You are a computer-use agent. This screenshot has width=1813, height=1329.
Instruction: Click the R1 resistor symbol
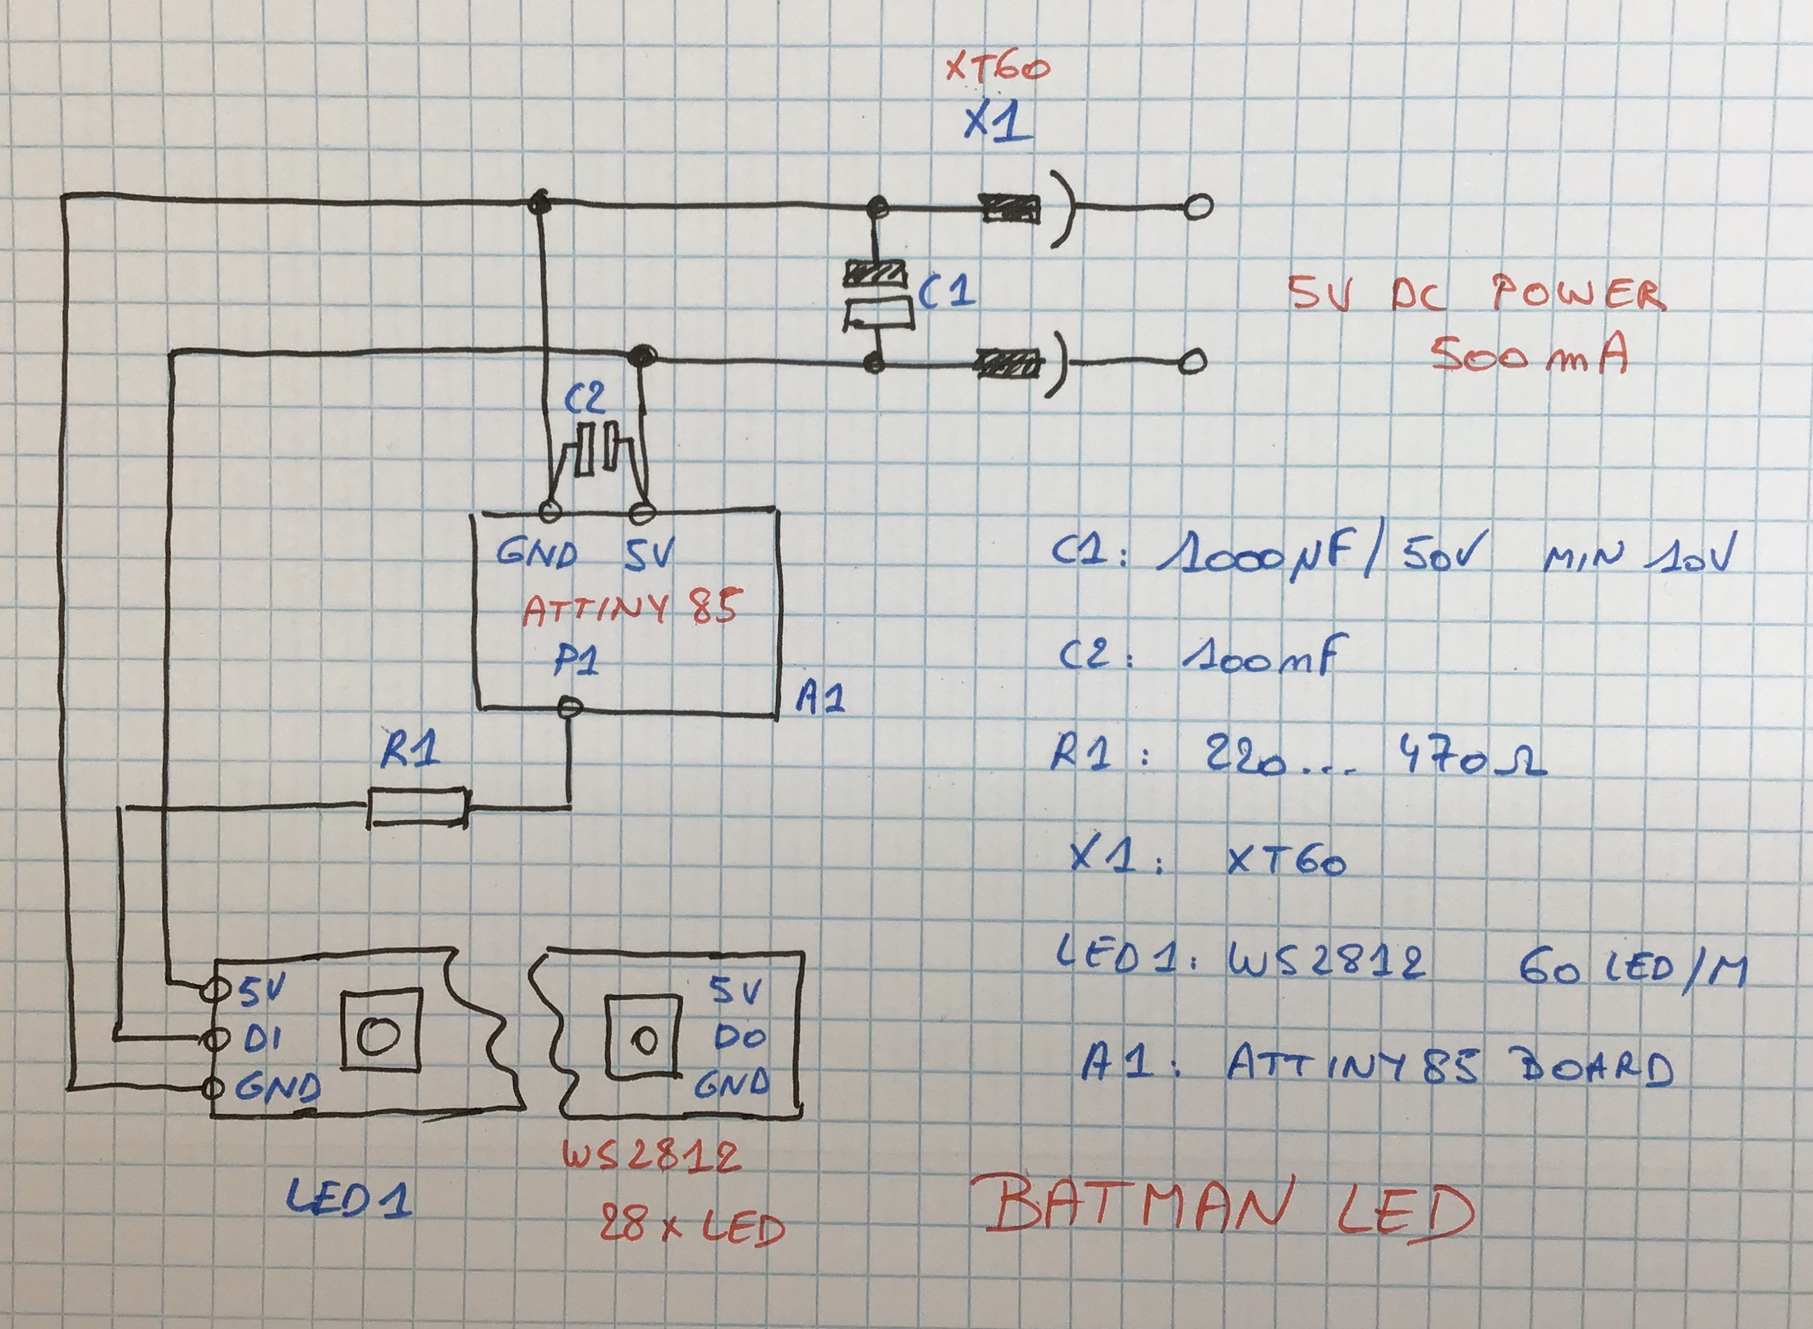coord(418,807)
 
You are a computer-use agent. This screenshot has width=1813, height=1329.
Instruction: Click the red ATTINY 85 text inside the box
coord(630,609)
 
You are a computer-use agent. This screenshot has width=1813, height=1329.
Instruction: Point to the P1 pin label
coord(576,662)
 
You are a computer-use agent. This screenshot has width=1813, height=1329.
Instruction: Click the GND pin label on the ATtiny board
coord(537,554)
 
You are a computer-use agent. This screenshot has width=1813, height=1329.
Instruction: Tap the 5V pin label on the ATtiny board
coord(649,554)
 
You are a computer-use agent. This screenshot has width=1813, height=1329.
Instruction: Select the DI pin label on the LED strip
coord(262,1039)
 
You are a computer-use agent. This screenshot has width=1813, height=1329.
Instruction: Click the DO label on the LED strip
coord(739,1038)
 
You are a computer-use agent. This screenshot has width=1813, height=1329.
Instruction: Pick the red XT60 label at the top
coord(997,69)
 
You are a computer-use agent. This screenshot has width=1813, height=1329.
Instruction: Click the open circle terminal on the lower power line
coord(1193,362)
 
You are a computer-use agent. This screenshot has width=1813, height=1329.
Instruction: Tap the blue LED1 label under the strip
coord(348,1198)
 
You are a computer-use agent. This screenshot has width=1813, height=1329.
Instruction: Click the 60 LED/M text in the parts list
coord(1633,969)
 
